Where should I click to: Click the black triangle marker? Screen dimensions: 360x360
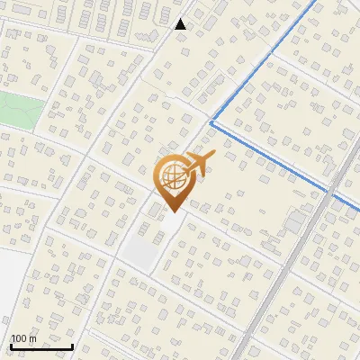[x=181, y=23]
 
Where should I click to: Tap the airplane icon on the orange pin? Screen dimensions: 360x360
[x=195, y=164]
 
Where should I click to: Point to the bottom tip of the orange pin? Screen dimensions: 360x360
[x=171, y=211]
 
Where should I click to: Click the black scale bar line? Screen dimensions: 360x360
[x=41, y=346]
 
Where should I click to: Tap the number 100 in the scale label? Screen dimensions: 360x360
[x=18, y=338]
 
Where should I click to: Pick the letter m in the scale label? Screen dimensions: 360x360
[x=32, y=339]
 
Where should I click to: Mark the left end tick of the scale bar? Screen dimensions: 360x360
[x=11, y=345]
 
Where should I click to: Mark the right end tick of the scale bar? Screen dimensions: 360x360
[x=72, y=345]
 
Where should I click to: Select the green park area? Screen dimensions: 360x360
[x=18, y=110]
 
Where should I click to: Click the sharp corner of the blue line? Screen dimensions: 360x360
[x=211, y=121]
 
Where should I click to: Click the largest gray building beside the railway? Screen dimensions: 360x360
[x=297, y=220]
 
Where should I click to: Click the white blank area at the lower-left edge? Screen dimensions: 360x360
[x=11, y=288]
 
